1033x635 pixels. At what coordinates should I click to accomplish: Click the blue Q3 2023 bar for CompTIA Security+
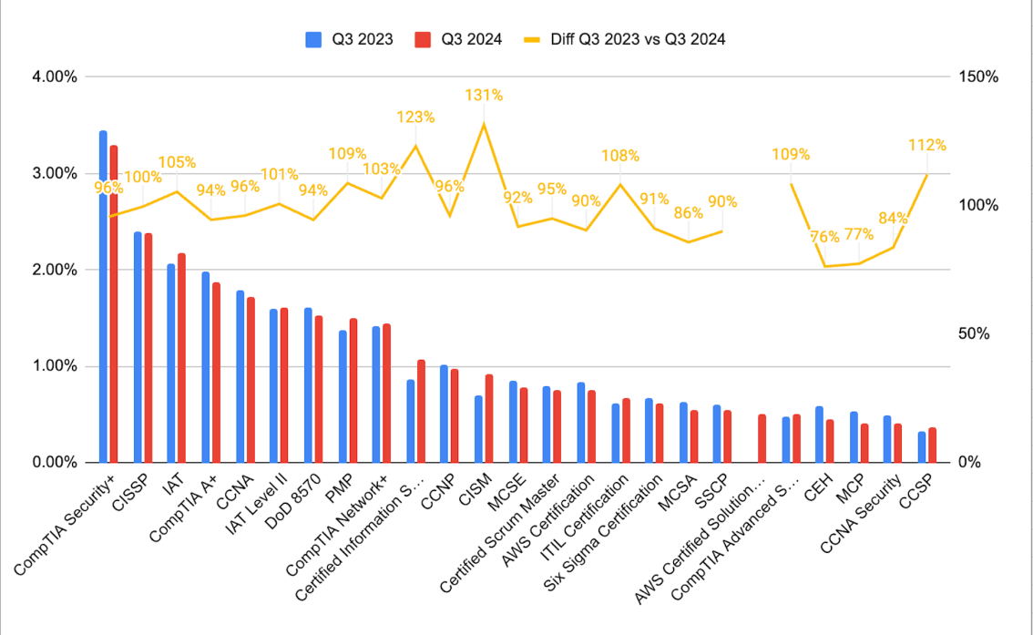tap(103, 301)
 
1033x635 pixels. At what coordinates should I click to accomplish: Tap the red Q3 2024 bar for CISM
tap(489, 419)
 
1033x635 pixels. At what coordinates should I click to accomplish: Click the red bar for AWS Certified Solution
tap(762, 439)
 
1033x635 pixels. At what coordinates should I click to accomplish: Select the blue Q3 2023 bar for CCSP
tap(921, 447)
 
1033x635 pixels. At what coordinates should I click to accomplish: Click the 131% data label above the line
tap(484, 95)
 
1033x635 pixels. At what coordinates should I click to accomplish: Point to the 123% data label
tap(415, 117)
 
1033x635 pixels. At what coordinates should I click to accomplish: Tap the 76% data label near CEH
tap(824, 237)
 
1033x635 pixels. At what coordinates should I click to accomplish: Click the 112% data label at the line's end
tap(927, 145)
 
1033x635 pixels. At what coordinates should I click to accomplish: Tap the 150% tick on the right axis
tap(979, 77)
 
